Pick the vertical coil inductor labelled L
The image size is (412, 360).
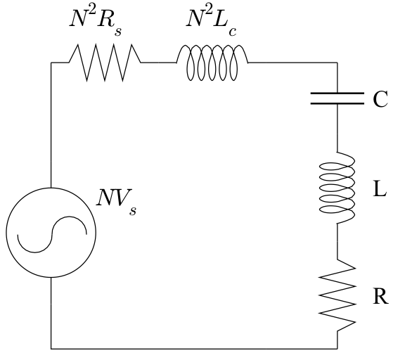pos(337,188)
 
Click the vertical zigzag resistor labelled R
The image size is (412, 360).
pos(337,295)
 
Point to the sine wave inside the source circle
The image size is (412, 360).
pos(51,232)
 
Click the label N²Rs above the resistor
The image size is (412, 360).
pos(101,21)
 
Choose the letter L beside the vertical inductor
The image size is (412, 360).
pos(380,190)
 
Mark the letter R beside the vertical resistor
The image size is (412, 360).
pos(380,296)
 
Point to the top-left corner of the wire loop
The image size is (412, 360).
pos(51,63)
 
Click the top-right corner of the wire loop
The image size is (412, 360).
pos(337,63)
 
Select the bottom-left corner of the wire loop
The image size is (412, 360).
pos(51,347)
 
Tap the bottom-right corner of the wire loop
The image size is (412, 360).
pos(337,347)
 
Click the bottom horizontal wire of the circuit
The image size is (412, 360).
pos(194,347)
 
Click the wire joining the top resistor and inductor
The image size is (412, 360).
pos(159,63)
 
